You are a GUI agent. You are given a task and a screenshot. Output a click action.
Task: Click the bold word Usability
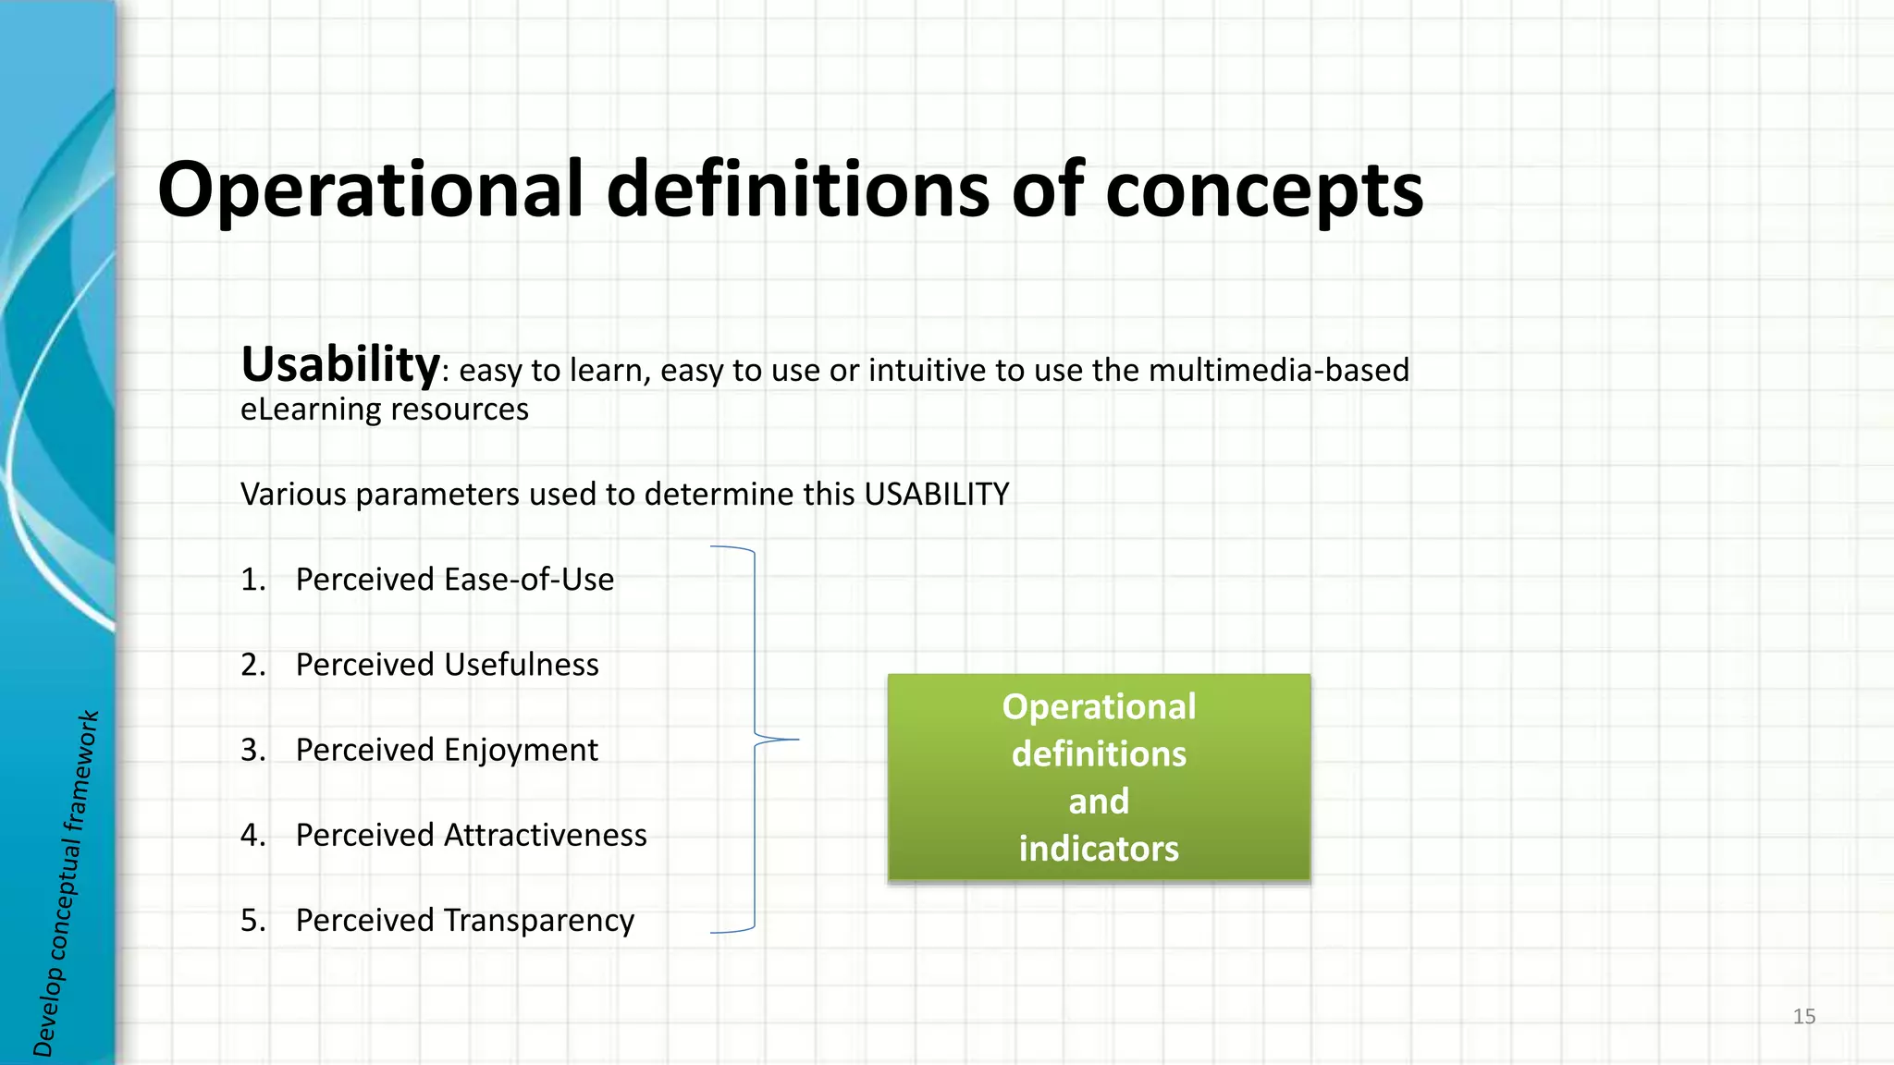coord(339,364)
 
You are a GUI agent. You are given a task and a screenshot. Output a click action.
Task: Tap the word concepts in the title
coord(1264,191)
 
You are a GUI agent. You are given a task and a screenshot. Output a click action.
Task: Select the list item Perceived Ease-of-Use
coord(454,580)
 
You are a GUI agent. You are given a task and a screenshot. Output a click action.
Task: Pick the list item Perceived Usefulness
coord(447,665)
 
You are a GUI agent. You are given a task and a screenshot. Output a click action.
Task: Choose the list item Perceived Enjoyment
coord(447,750)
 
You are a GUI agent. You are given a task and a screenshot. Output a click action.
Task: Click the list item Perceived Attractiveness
coord(471,835)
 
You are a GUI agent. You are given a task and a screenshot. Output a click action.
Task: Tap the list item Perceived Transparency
coord(464,921)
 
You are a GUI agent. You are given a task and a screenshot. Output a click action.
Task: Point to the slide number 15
coord(1803,1017)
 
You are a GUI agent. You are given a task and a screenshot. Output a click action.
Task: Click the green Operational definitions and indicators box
coord(1099,777)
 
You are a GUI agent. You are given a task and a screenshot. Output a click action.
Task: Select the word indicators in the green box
coord(1099,849)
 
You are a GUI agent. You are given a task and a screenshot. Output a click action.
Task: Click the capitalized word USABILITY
coord(936,495)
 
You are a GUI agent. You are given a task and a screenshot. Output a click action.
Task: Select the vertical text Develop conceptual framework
coord(65,883)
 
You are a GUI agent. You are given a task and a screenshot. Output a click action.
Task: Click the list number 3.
coord(252,750)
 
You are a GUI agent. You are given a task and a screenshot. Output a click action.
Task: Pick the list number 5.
coord(252,921)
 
